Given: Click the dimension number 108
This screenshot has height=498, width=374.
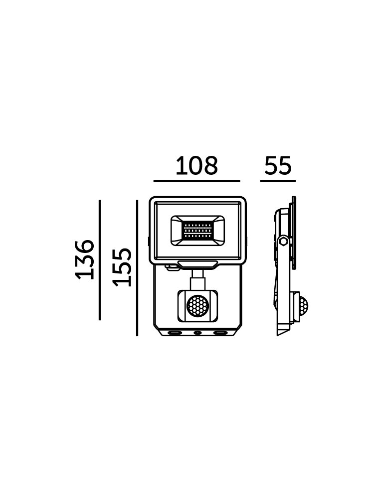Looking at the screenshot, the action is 196,165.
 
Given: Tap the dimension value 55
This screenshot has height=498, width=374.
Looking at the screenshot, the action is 278,165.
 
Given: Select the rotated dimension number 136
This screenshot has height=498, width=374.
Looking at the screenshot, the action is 85,259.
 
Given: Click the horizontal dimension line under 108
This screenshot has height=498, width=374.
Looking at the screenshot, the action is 196,181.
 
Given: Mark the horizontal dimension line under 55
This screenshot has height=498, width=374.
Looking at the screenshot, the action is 278,181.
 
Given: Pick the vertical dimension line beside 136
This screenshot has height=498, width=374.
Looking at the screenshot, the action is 100,260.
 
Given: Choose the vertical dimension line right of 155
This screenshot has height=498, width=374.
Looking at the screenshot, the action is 137,268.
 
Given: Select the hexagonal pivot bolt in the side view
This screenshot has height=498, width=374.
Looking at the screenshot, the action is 283,242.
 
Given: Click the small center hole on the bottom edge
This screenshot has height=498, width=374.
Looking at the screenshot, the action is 197,333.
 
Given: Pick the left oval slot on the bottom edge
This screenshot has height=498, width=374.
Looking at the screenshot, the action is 175,333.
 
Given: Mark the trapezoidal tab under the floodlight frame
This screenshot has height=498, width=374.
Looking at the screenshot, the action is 197,264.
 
